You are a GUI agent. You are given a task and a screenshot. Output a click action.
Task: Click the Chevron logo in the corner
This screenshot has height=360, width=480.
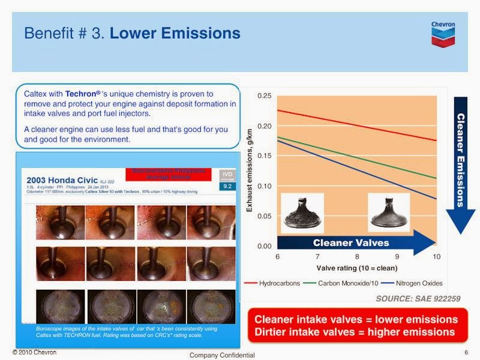(x=443, y=34)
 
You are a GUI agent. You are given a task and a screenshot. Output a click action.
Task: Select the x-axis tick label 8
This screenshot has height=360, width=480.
(x=357, y=257)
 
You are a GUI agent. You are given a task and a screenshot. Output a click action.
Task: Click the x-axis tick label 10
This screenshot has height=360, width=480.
(x=436, y=257)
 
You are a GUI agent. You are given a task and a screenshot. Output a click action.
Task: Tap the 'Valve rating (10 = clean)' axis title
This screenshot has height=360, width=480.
(x=357, y=268)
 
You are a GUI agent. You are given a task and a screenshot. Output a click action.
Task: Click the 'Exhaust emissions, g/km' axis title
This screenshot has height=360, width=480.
(x=250, y=170)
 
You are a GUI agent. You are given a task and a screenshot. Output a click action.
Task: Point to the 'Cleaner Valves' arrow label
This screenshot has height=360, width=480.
(x=351, y=243)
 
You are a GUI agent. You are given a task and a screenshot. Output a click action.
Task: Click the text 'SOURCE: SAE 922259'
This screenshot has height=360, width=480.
(x=418, y=298)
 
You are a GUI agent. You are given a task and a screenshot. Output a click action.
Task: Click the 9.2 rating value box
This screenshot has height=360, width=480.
(x=227, y=187)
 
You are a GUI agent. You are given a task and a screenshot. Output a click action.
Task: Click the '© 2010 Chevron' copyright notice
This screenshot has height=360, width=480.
(x=34, y=352)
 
